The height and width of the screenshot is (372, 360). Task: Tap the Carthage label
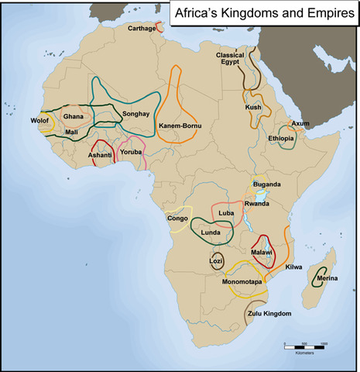pyautogui.click(x=141, y=29)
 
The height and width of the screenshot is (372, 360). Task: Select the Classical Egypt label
pyautogui.click(x=230, y=60)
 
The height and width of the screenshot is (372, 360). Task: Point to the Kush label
pyautogui.click(x=253, y=107)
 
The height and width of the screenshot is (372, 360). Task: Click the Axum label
pyautogui.click(x=300, y=123)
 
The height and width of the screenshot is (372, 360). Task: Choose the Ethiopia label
pyautogui.click(x=280, y=138)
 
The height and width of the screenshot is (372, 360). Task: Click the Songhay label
pyautogui.click(x=135, y=113)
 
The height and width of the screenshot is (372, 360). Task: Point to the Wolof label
pyautogui.click(x=39, y=122)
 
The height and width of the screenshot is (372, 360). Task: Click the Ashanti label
pyautogui.click(x=100, y=155)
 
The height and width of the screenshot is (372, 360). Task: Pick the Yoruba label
pyautogui.click(x=132, y=152)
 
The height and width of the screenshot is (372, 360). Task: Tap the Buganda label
pyautogui.click(x=266, y=184)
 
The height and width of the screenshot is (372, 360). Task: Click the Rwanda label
pyautogui.click(x=256, y=203)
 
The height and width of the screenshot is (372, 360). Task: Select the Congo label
pyautogui.click(x=177, y=219)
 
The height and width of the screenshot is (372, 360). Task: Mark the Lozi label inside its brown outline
pyautogui.click(x=217, y=261)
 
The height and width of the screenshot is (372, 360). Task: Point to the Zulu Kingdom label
pyautogui.click(x=269, y=314)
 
